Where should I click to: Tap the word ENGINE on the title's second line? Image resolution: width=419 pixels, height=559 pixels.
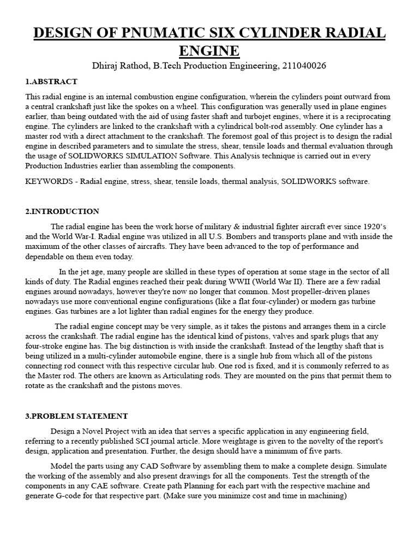(209, 51)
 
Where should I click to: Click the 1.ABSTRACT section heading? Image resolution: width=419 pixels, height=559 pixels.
(51, 81)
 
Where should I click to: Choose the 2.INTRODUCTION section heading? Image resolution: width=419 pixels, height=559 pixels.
(62, 211)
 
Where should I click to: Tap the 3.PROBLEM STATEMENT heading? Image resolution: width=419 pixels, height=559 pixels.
(76, 416)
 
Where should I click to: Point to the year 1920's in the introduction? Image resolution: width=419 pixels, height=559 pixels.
(378, 227)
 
